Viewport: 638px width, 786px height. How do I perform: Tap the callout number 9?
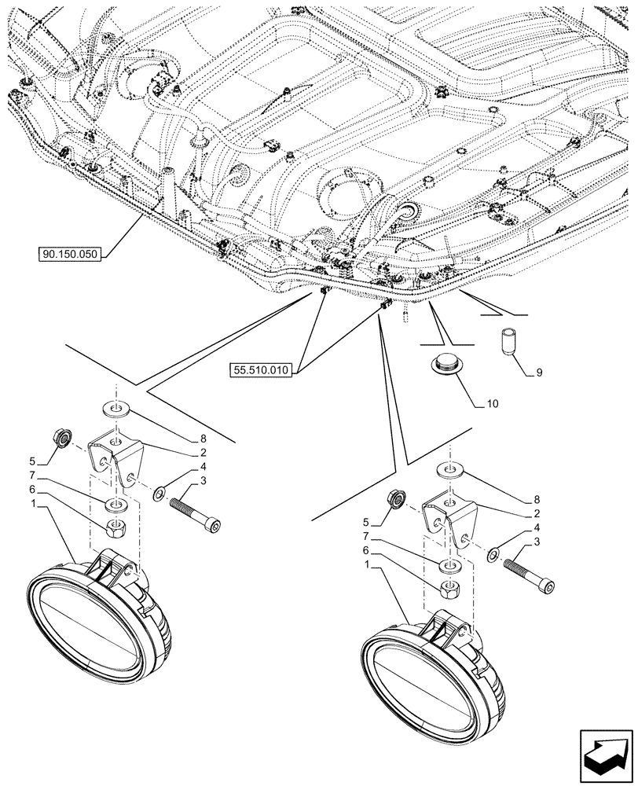pyautogui.click(x=540, y=373)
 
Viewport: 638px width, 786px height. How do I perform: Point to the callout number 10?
pyautogui.click(x=492, y=405)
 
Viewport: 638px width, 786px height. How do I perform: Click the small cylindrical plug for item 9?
pyautogui.click(x=507, y=342)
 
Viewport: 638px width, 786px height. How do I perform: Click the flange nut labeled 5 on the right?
pyautogui.click(x=395, y=498)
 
